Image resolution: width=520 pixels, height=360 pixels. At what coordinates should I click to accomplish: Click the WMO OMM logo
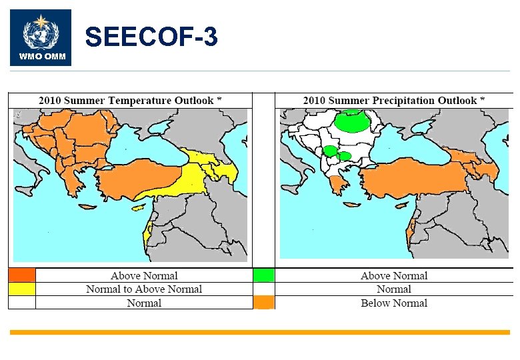(x=41, y=37)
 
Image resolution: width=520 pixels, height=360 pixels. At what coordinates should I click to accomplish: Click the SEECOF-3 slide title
(x=151, y=37)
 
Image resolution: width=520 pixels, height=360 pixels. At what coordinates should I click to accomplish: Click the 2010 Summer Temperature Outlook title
(x=130, y=101)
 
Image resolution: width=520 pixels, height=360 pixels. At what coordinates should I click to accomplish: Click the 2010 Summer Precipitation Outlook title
(x=394, y=101)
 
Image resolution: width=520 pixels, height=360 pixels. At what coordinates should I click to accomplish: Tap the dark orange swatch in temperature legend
(x=21, y=275)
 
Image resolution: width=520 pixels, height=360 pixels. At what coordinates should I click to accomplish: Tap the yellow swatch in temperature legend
(x=21, y=289)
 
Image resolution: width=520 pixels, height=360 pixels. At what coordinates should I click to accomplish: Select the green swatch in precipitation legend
(x=264, y=275)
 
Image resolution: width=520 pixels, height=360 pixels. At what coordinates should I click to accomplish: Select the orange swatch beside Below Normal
(x=264, y=303)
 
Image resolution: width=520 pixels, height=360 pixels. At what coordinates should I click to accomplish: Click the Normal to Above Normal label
(x=144, y=289)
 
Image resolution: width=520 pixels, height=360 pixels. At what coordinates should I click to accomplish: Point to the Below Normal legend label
(x=394, y=303)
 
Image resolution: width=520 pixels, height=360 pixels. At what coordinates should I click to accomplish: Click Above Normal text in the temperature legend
(x=144, y=275)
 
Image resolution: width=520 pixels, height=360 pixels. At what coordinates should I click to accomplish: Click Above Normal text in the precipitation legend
(x=394, y=275)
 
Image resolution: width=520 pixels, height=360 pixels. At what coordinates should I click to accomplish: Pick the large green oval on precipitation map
(x=353, y=121)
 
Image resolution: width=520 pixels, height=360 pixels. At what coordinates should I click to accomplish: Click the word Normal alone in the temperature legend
(x=144, y=303)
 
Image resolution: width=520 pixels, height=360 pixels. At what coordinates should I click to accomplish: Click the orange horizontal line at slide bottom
(x=259, y=332)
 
